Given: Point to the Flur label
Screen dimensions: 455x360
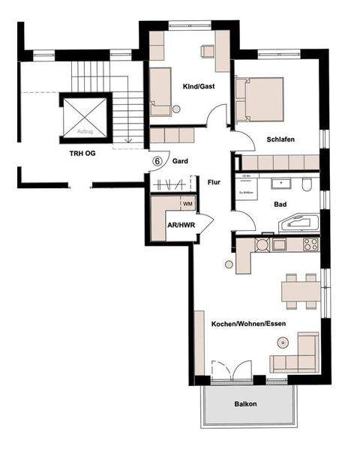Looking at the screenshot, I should tap(214, 181).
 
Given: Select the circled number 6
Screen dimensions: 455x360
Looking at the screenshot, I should tap(157, 160).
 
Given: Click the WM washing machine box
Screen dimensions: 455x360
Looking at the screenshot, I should tap(187, 203).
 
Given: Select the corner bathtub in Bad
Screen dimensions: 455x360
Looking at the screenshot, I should tap(298, 223).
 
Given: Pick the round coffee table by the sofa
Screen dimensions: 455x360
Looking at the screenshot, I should tap(283, 343).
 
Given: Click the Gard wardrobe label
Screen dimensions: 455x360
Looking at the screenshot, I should tap(180, 160).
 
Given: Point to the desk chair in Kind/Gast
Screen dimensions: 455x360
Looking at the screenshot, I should tap(207, 51).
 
